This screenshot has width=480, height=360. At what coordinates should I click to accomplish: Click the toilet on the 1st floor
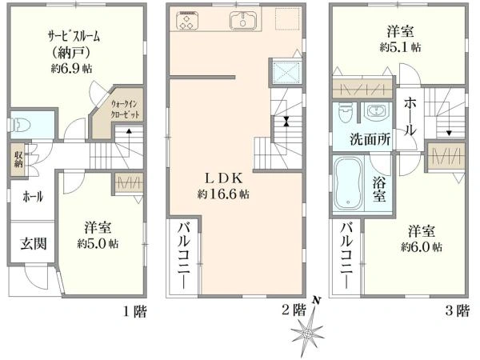tap(19, 125)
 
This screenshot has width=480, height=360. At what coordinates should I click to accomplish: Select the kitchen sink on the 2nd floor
tap(242, 20)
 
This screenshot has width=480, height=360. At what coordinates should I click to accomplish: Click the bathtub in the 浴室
tap(348, 184)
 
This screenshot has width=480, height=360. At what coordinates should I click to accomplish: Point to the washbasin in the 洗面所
tap(375, 111)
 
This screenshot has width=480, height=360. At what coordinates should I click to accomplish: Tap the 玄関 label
tap(34, 244)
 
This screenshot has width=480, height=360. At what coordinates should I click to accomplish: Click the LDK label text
tap(223, 178)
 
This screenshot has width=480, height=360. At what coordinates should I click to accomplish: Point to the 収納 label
tap(18, 159)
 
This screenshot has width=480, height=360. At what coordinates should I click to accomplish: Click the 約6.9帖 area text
tap(71, 68)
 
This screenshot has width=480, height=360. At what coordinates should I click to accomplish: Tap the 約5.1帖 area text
tap(400, 47)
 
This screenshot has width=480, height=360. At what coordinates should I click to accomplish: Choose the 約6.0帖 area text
tap(422, 247)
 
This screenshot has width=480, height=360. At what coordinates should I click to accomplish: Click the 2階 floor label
tap(294, 310)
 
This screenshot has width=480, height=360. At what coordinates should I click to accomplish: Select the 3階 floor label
tap(458, 311)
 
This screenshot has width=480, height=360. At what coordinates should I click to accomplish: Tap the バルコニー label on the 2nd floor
tap(184, 256)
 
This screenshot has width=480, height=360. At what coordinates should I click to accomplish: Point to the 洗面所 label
tap(370, 139)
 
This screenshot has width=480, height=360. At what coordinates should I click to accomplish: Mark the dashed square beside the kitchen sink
tap(287, 19)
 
